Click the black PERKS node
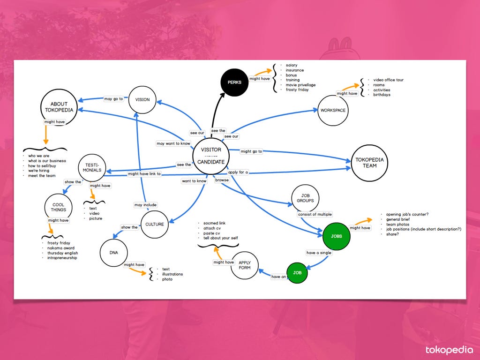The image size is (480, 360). [x=234, y=82]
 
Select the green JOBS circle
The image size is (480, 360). [x=336, y=236]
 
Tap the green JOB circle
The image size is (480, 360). [x=297, y=273]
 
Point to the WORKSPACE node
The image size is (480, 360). [x=333, y=111]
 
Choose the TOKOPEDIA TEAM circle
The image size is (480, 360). [x=369, y=163]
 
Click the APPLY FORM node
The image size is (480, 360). [x=245, y=265]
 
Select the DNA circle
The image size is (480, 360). [x=114, y=253]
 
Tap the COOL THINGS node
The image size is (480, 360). [x=59, y=207]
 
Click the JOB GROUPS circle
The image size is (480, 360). [x=305, y=198]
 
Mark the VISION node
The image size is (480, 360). [x=142, y=100]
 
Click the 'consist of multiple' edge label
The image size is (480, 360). [x=315, y=214]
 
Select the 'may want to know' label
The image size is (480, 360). [x=173, y=143]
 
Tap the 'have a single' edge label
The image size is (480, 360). [x=319, y=253]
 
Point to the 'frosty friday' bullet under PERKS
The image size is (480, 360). [x=297, y=90]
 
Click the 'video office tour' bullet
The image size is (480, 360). [x=388, y=80]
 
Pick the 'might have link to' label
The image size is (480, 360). [x=145, y=174]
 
